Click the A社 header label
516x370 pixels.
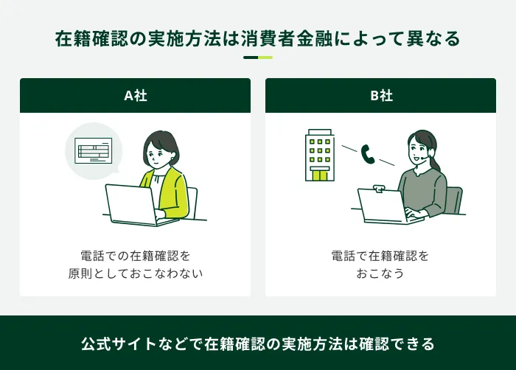[135, 96]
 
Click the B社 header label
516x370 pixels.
[380, 96]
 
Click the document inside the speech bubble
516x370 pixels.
[94, 151]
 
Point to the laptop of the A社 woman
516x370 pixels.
[131, 204]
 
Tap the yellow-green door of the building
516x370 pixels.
[320, 174]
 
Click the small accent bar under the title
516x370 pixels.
[258, 57]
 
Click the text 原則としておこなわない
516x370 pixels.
[135, 273]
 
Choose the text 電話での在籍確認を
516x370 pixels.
[135, 256]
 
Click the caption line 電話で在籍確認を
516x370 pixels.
[380, 256]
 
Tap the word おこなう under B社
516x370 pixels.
[380, 273]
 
